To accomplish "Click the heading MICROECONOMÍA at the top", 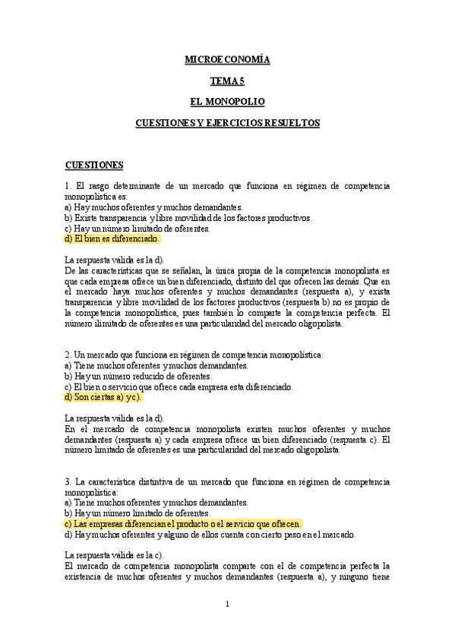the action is point(227,58).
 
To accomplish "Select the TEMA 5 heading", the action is point(227,80).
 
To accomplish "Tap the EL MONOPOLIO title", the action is point(227,101).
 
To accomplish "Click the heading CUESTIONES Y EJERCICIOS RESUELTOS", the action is point(227,122).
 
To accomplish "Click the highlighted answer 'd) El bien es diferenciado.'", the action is point(112,238).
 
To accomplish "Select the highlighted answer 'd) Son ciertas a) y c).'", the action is point(104,396).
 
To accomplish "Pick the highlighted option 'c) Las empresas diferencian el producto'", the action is point(183,523).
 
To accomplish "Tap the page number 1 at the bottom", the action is point(227,604).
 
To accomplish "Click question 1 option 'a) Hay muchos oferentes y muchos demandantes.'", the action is point(153,207).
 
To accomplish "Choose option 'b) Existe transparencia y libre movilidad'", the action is point(188,217).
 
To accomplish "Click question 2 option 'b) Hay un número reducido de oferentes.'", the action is point(138,375).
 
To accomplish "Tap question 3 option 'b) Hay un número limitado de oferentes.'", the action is point(137,513).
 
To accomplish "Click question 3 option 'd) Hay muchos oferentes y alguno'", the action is point(210,534).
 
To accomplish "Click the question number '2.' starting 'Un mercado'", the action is point(68,354).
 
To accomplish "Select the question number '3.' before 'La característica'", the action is point(68,481).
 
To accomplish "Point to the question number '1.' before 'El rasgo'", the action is point(68,185).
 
